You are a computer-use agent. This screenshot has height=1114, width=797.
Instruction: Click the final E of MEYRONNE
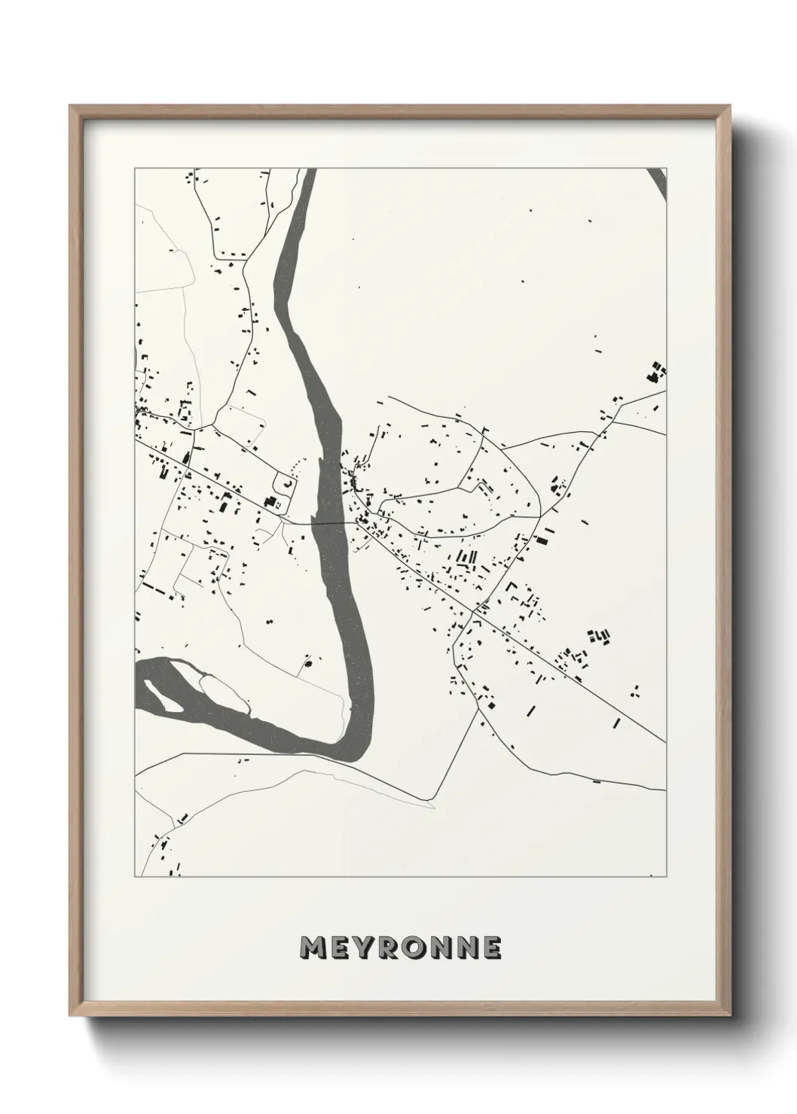pyautogui.click(x=492, y=948)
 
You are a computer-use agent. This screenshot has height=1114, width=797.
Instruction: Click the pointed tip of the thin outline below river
pyautogui.click(x=434, y=807)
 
